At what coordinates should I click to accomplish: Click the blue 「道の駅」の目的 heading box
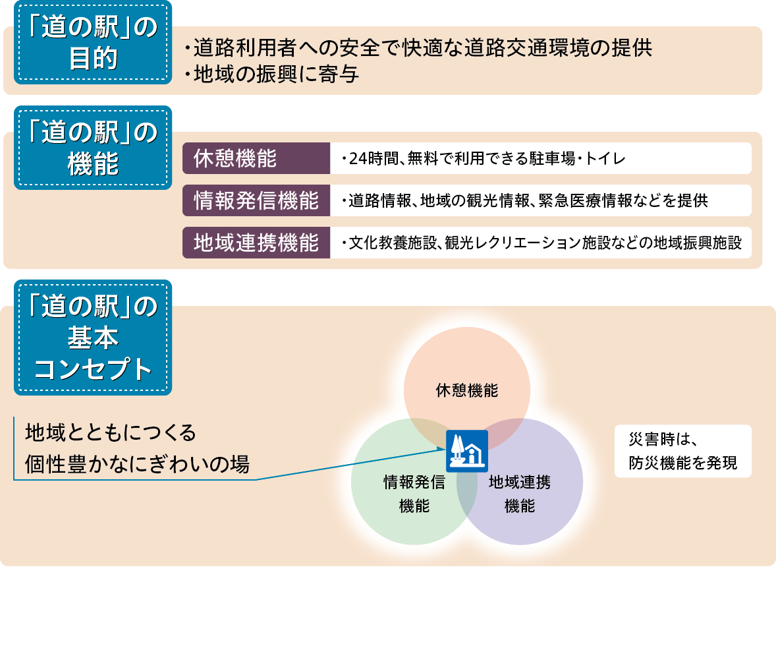tap(93, 43)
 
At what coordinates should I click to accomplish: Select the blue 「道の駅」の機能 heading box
tap(93, 148)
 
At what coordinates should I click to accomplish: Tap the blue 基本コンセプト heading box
tap(93, 338)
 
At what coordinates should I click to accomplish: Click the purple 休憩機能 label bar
tap(256, 158)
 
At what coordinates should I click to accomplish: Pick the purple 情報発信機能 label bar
tap(256, 200)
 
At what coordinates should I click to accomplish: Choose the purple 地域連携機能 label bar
tap(256, 243)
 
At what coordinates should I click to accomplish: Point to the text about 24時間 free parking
tap(484, 158)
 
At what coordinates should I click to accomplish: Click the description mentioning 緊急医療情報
tap(524, 200)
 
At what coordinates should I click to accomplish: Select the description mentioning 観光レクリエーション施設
tap(541, 243)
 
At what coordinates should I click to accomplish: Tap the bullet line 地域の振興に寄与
tap(271, 74)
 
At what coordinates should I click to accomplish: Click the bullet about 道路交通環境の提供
tap(418, 48)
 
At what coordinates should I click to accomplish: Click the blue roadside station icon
tap(466, 451)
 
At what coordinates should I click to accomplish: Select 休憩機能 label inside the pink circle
tap(466, 390)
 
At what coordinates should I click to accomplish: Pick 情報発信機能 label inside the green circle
tap(414, 494)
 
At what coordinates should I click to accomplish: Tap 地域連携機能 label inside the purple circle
tap(520, 494)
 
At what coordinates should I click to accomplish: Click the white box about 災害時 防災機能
tap(683, 451)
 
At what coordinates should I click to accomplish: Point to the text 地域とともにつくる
tap(111, 432)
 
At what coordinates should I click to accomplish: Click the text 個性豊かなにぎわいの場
tap(137, 464)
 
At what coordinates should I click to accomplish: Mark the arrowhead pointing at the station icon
tap(442, 450)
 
